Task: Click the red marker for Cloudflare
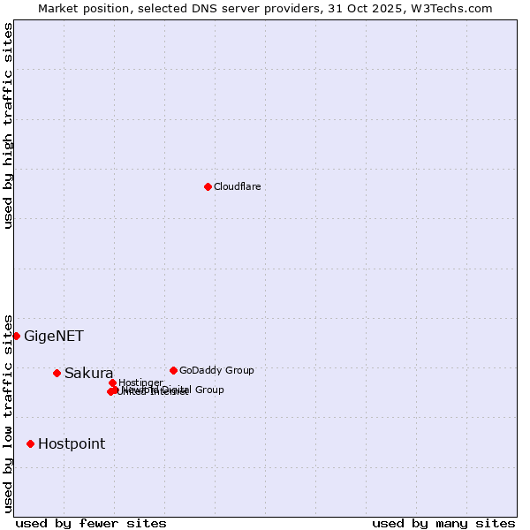click(x=208, y=186)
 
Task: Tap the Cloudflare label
click(x=237, y=186)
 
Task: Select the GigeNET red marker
click(x=16, y=336)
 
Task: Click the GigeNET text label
click(x=53, y=336)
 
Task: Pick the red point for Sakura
click(x=57, y=373)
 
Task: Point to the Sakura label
click(x=88, y=373)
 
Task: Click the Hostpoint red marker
click(x=30, y=443)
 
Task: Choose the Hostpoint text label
click(x=71, y=443)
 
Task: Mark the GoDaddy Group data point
click(x=173, y=370)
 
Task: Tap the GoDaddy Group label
click(x=216, y=370)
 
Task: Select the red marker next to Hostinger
click(x=112, y=382)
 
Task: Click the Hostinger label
click(x=140, y=382)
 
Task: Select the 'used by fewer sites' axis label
click(x=91, y=523)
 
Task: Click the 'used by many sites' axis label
click(x=443, y=523)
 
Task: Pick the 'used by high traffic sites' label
click(x=8, y=125)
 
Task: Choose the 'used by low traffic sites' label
click(x=8, y=413)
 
